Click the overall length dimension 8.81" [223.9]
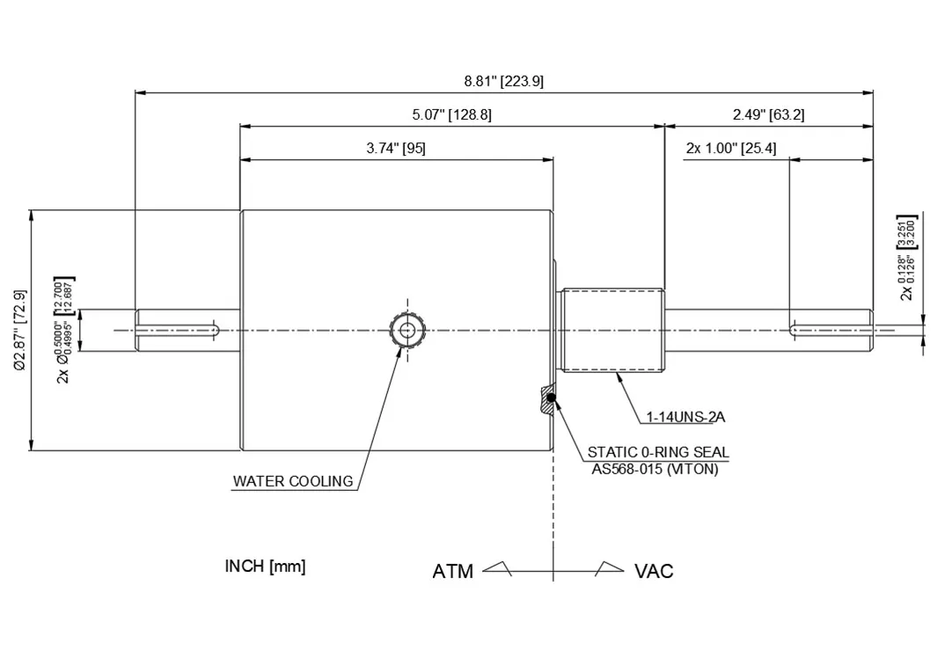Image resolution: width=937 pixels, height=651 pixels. coord(503,82)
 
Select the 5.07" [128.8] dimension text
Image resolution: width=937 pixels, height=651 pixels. coord(451,114)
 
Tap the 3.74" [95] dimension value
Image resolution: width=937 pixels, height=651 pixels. coord(396,149)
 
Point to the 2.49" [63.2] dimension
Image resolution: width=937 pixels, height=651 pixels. coord(768,114)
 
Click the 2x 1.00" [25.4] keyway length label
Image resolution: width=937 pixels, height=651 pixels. coord(730,149)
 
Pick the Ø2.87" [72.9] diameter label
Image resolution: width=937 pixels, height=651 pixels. coord(20,330)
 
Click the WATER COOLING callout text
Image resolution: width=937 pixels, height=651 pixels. coord(292,481)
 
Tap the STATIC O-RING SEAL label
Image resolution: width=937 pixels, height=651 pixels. coord(658,452)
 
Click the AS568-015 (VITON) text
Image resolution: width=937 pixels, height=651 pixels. coord(655,469)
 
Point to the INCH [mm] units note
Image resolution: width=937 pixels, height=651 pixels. coord(265,566)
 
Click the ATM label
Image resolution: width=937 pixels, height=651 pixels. coord(452,572)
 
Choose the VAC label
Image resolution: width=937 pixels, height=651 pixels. coord(654,572)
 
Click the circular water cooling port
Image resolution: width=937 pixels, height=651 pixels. coord(406,331)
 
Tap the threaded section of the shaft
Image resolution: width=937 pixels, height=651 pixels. coord(612,330)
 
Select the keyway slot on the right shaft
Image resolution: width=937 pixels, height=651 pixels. coord(831,330)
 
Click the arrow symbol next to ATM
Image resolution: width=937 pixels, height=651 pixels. coord(498,568)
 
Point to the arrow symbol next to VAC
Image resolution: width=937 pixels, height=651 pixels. coord(610,568)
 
